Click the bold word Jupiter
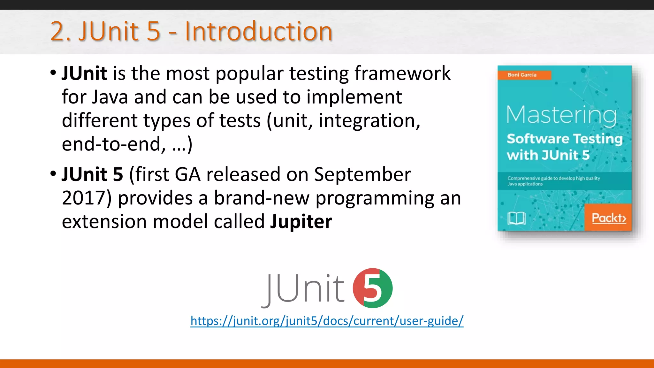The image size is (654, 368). point(301,221)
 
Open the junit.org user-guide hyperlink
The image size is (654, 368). point(327,321)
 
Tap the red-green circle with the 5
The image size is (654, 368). point(372,288)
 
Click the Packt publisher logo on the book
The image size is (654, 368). point(608,218)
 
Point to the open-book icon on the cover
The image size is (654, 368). point(516,218)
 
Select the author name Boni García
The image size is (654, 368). point(522,75)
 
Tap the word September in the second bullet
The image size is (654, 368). point(362,174)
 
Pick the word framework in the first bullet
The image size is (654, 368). point(402,73)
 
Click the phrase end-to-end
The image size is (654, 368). point(114,144)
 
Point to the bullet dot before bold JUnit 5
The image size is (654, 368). point(53,174)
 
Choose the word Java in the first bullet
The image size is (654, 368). point(110,97)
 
